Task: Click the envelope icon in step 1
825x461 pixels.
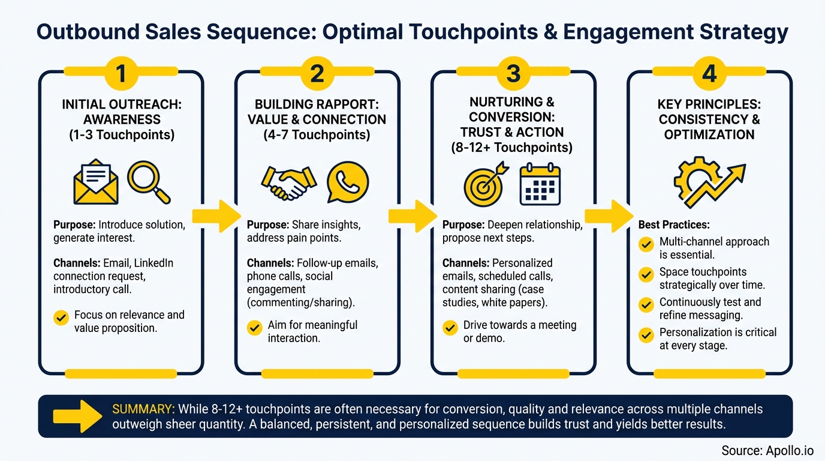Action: coord(96,182)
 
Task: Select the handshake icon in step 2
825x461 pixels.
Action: coord(288,182)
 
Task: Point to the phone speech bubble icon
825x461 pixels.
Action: coord(347,182)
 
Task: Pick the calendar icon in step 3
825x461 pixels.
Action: coord(540,183)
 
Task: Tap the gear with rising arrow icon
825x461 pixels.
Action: coord(709,181)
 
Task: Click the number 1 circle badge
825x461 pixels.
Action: coord(121,74)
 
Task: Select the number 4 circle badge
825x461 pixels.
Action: coord(709,74)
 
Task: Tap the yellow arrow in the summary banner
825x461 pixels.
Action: coord(77,416)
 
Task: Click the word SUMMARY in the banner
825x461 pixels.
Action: coord(143,409)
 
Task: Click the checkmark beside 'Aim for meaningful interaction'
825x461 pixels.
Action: coord(255,328)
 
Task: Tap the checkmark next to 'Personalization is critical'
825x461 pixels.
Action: coord(646,334)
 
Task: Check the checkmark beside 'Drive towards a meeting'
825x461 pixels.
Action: coord(450,328)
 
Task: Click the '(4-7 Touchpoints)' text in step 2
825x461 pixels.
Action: coord(317,135)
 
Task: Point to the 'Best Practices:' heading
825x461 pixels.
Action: coord(674,225)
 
